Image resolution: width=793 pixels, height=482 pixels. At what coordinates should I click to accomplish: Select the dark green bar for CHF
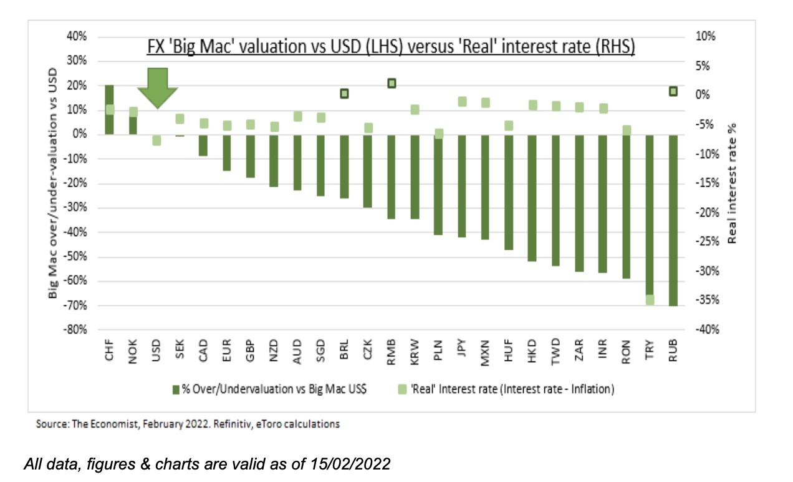(109, 109)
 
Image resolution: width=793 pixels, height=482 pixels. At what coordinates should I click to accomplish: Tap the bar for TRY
(650, 219)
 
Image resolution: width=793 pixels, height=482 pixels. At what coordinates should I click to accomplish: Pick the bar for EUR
(227, 152)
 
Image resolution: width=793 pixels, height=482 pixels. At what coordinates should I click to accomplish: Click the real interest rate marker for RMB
(392, 83)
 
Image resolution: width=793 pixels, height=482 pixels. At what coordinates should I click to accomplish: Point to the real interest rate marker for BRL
(344, 94)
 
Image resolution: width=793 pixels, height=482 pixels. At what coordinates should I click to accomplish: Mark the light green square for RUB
(673, 91)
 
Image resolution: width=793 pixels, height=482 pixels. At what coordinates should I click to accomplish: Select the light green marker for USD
(156, 140)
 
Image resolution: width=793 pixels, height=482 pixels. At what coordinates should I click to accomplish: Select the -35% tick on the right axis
(704, 300)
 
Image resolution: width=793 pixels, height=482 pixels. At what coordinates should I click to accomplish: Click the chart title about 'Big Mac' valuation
(390, 47)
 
